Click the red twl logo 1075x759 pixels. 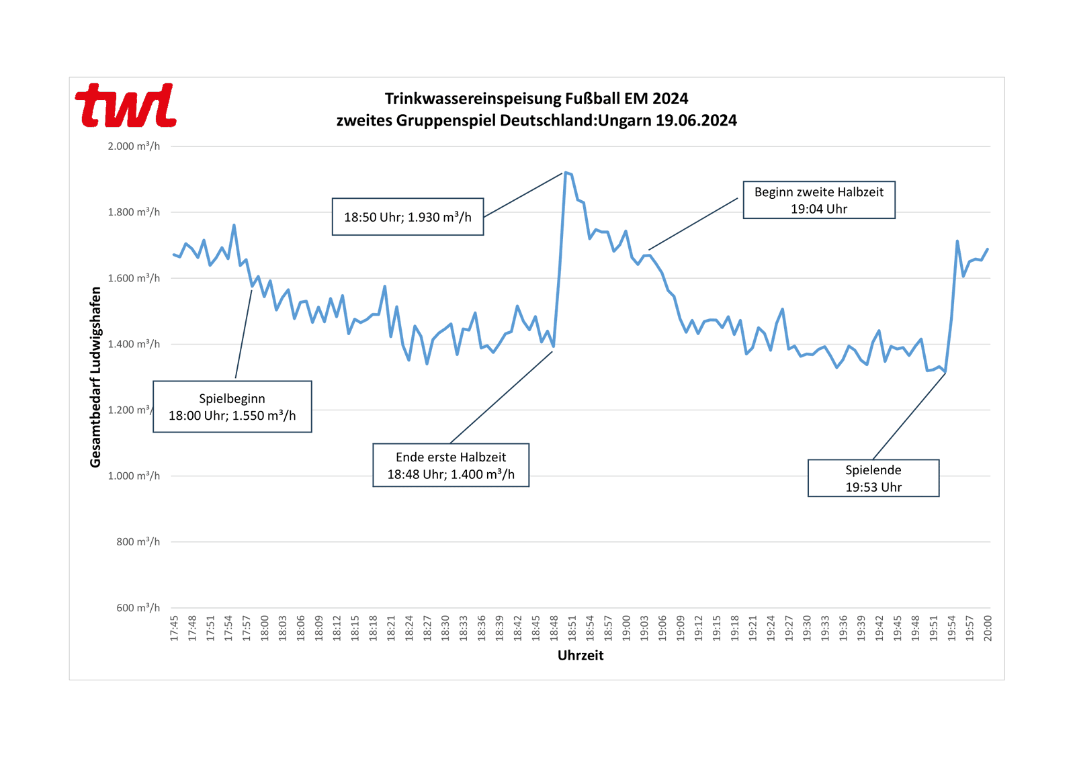(126, 105)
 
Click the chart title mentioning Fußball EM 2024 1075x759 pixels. (536, 109)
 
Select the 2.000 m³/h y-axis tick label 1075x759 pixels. (134, 146)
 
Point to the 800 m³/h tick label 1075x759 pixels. (138, 541)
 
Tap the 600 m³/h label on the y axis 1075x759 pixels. (138, 607)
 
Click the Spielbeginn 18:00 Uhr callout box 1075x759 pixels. (232, 407)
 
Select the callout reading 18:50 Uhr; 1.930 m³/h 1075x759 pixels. (407, 217)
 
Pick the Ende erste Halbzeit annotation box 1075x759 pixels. (450, 465)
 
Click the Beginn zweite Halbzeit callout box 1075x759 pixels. (818, 200)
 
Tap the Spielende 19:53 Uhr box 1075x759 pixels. (873, 478)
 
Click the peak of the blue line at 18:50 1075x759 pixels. (565, 173)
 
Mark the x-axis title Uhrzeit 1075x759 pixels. (580, 656)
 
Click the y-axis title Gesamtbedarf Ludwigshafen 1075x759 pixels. (95, 377)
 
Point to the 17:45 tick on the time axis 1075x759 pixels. (174, 628)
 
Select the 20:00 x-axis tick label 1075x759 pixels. (988, 628)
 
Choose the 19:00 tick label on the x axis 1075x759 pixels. (626, 628)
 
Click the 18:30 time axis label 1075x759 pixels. (445, 628)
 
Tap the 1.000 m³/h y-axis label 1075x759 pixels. (134, 476)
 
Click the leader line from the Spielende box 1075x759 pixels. (909, 416)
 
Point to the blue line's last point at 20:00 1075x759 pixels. (988, 249)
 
